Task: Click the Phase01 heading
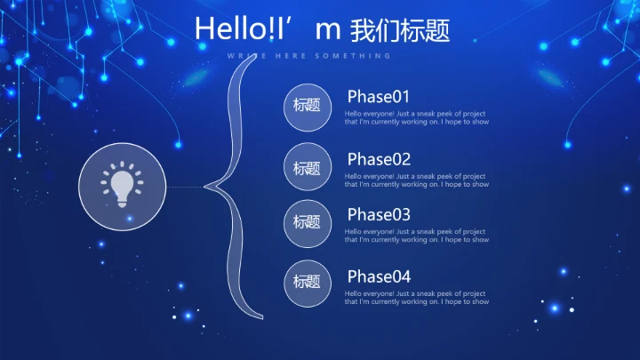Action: [379, 97]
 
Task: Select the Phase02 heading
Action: [379, 159]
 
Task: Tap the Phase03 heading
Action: [379, 214]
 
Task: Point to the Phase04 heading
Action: [379, 276]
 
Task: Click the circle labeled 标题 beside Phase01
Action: [307, 106]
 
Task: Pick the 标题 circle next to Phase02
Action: [307, 167]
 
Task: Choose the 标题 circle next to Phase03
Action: [307, 222]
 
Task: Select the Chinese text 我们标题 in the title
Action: [401, 30]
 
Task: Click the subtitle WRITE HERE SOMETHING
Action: [308, 56]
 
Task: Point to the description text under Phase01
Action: [416, 118]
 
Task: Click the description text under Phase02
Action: [416, 180]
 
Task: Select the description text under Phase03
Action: [416, 236]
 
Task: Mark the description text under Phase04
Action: [416, 297]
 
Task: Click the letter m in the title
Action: [329, 30]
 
